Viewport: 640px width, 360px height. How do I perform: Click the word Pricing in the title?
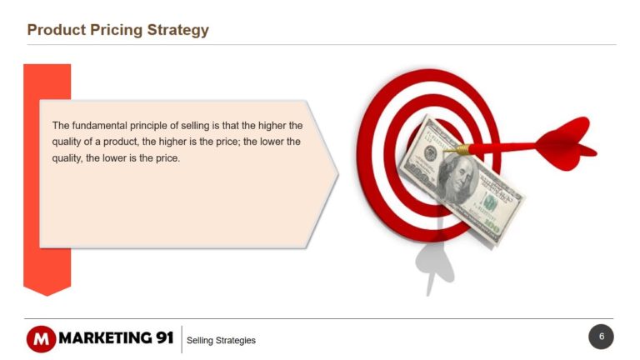pyautogui.click(x=116, y=30)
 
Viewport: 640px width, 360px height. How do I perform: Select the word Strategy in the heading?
pyautogui.click(x=178, y=30)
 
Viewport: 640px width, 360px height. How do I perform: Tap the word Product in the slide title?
pyautogui.click(x=57, y=30)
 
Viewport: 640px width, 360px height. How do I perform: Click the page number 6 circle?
pyautogui.click(x=601, y=337)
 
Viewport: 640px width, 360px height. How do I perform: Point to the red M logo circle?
pyautogui.click(x=41, y=339)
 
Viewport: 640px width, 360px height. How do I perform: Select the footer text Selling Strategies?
pyautogui.click(x=221, y=340)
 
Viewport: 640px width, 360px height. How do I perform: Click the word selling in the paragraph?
pyautogui.click(x=195, y=126)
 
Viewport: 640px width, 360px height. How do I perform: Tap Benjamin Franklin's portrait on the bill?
pyautogui.click(x=458, y=180)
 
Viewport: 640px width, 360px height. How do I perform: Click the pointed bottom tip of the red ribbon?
pyautogui.click(x=47, y=296)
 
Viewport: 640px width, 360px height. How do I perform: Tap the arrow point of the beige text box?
pyautogui.click(x=338, y=173)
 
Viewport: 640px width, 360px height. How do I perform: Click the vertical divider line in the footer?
pyautogui.click(x=182, y=339)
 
